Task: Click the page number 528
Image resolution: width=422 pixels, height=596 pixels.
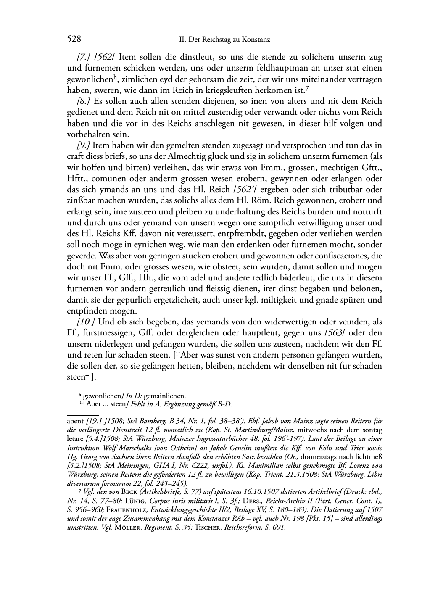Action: (74, 40)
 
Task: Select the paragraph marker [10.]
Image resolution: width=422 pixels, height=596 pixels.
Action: (85, 322)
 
